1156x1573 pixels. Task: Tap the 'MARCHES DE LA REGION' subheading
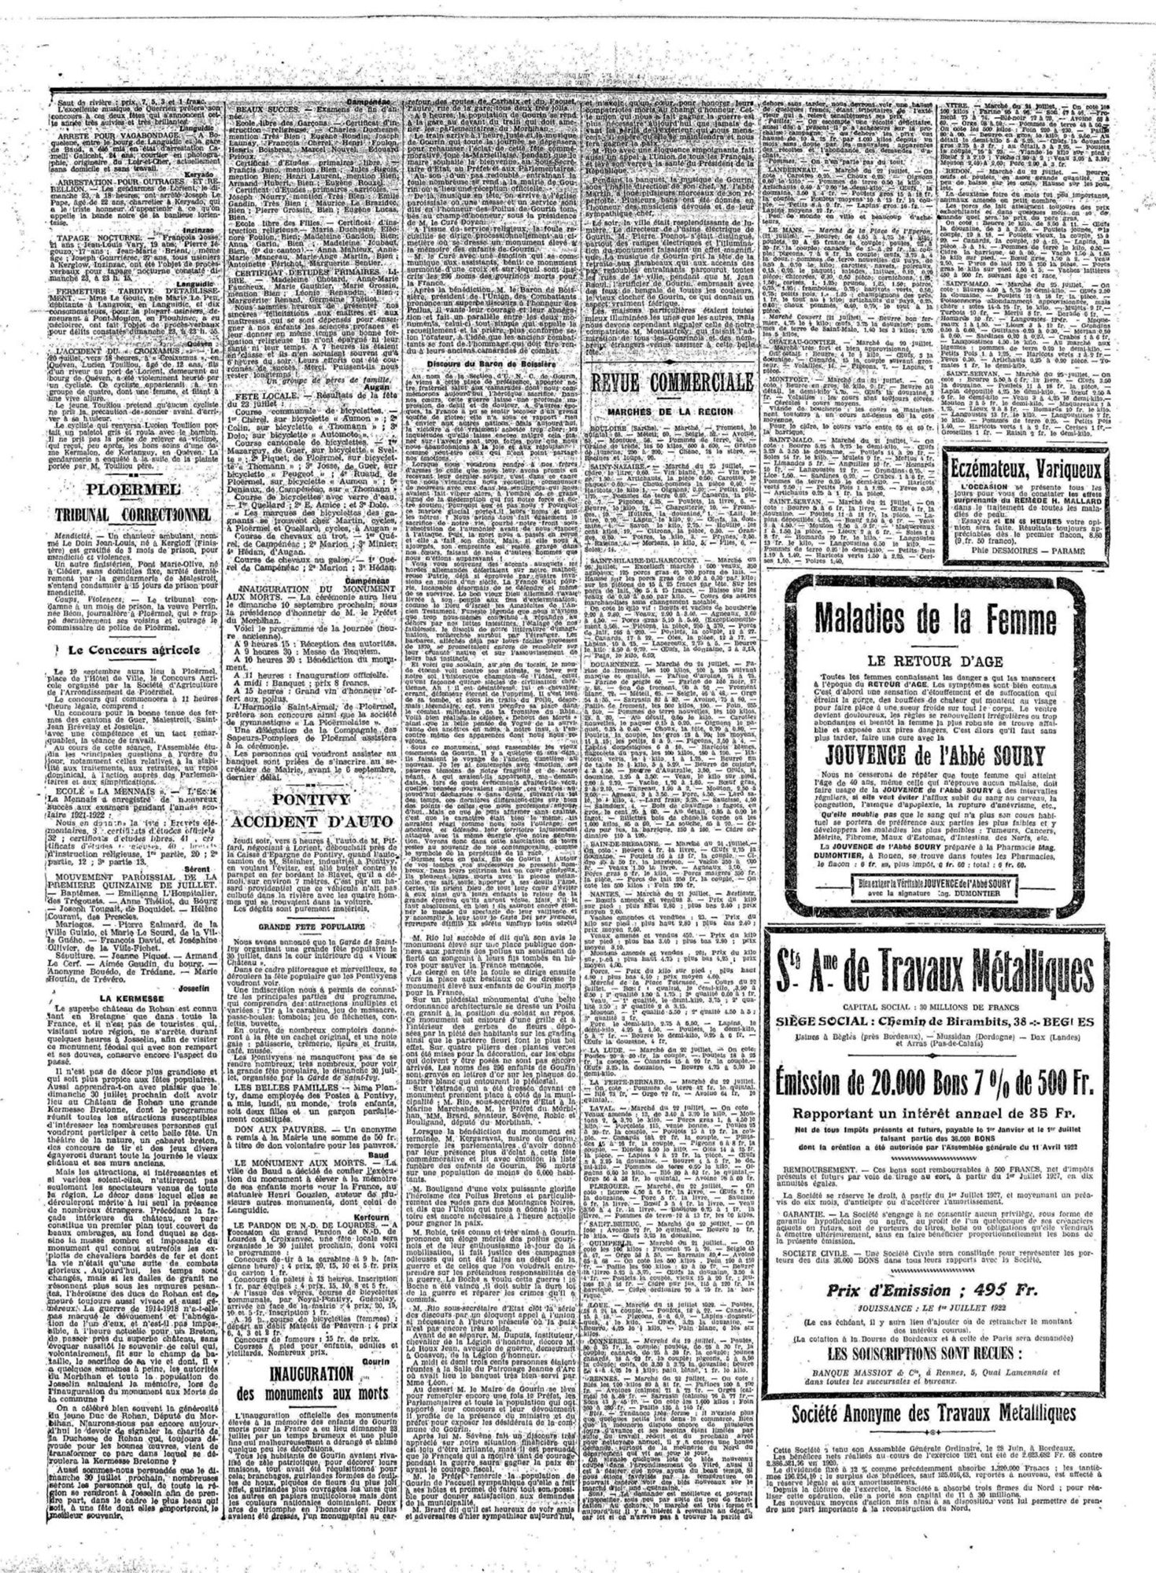[x=670, y=412]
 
